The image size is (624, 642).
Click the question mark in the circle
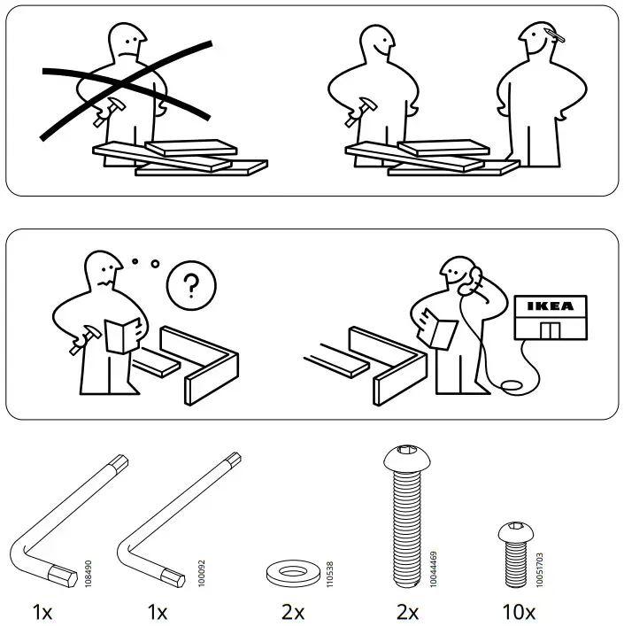coord(189,287)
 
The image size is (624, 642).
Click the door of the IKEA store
coord(550,330)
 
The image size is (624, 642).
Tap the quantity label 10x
coord(517,612)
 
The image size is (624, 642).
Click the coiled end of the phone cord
coord(511,385)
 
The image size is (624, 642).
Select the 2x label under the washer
coord(293,612)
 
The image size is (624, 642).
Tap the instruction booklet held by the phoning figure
coord(439,328)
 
